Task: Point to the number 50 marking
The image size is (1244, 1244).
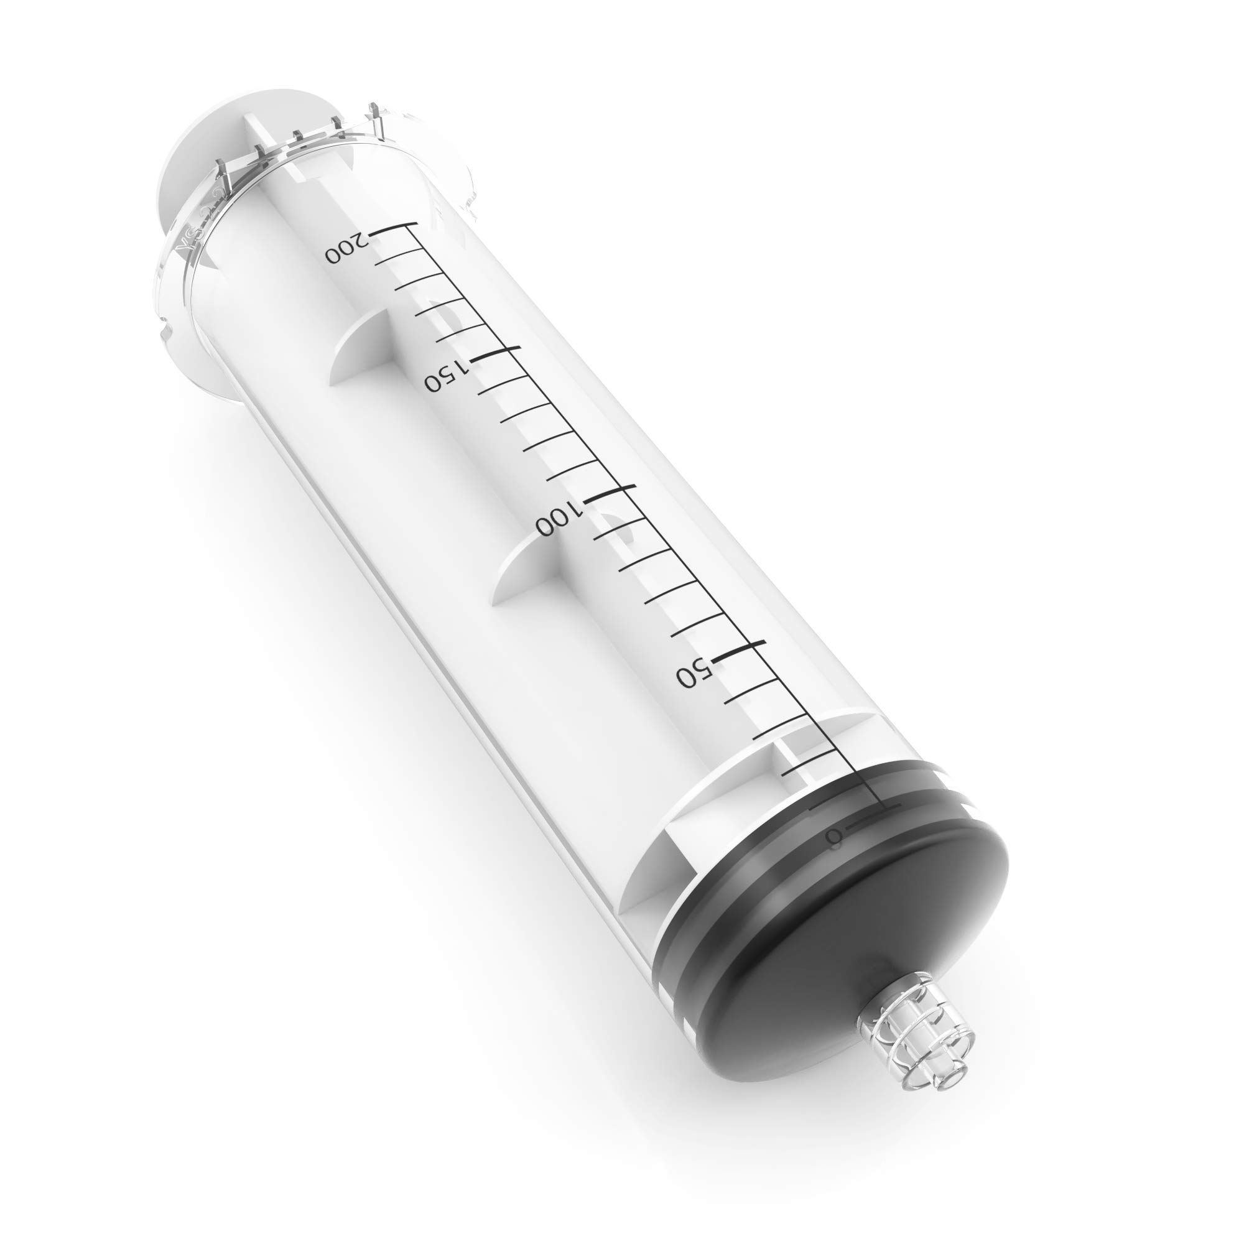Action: (x=694, y=672)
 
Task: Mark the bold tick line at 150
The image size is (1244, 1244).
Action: (x=494, y=353)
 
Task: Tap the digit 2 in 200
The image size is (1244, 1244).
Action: (x=363, y=239)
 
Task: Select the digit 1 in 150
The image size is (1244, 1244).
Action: (x=460, y=366)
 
